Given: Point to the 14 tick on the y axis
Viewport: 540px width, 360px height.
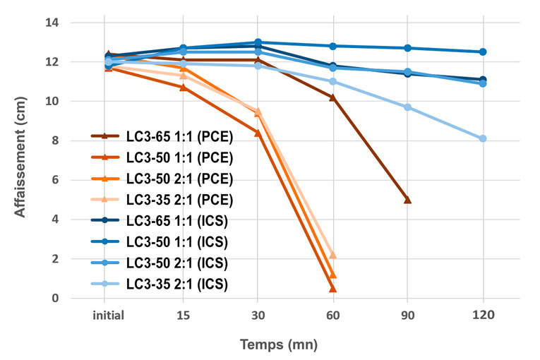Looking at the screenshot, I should pyautogui.click(x=73, y=23).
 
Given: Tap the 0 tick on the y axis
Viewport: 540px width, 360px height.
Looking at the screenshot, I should pyautogui.click(x=76, y=299).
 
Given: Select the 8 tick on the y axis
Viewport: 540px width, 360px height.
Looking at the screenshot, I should pyautogui.click(x=76, y=141).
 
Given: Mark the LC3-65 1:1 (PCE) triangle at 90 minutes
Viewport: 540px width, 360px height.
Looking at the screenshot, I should pyautogui.click(x=407, y=200).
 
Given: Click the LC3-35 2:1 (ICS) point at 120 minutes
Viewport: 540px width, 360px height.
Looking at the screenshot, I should pyautogui.click(x=483, y=139).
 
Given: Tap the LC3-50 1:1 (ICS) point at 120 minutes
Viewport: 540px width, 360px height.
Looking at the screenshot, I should pyautogui.click(x=483, y=52).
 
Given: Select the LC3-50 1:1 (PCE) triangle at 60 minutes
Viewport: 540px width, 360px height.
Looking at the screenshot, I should pyautogui.click(x=332, y=289).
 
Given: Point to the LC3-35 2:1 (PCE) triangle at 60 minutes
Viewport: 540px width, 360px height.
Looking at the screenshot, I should pyautogui.click(x=332, y=255).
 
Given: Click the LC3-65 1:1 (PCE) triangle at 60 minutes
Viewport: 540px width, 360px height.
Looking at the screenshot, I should pyautogui.click(x=332, y=97).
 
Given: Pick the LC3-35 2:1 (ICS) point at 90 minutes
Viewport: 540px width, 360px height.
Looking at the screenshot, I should pyautogui.click(x=407, y=107).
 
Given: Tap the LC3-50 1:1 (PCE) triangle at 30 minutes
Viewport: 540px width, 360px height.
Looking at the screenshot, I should pyautogui.click(x=258, y=133).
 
